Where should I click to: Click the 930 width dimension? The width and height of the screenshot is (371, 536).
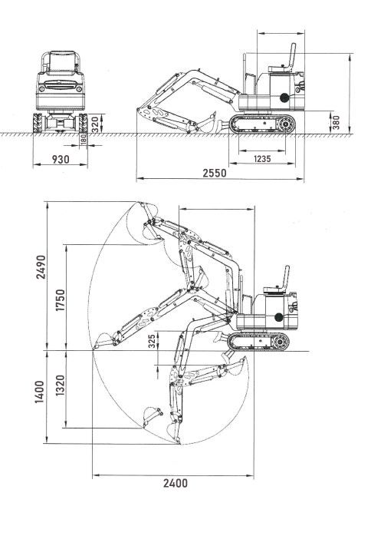tap(61, 159)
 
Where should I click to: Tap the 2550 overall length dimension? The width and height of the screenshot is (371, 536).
tap(215, 173)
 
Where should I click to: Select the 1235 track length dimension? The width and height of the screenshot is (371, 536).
tap(262, 159)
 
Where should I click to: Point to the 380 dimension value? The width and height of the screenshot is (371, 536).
tap(336, 122)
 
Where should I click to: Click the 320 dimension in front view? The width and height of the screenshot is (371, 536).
tap(96, 124)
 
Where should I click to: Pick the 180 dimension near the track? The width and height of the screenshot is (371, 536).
tap(84, 140)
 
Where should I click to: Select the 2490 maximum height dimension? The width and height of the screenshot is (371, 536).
tap(41, 267)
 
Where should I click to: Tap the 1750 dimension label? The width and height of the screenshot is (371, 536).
tap(60, 299)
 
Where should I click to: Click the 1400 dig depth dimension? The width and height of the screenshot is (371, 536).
tap(39, 392)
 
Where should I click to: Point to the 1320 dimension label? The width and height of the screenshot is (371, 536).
tap(60, 385)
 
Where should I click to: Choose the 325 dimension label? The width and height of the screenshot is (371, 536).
tap(152, 341)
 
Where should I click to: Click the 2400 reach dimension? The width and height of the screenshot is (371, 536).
tap(176, 483)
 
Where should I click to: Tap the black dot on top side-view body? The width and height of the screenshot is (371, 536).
tap(284, 98)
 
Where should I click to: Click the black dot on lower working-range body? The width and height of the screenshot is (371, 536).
tap(278, 317)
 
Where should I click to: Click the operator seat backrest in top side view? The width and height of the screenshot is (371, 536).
tap(292, 57)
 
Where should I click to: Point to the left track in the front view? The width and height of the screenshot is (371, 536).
tap(38, 123)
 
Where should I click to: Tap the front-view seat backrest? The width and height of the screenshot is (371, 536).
tap(61, 62)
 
